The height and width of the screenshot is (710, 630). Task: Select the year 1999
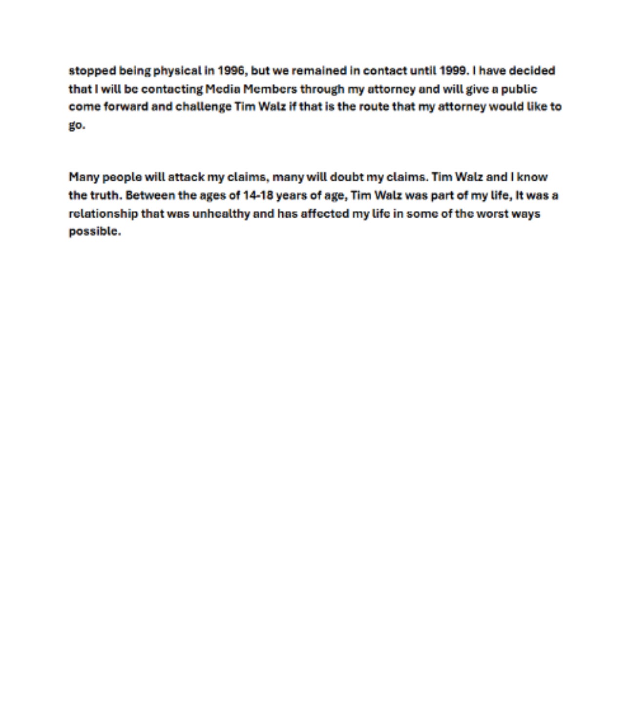click(454, 71)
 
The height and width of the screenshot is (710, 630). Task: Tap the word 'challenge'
click(203, 107)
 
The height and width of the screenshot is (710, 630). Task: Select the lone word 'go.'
click(77, 125)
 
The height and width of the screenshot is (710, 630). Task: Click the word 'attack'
click(186, 177)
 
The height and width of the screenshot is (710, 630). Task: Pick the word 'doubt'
click(347, 177)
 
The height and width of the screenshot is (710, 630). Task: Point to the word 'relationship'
click(103, 214)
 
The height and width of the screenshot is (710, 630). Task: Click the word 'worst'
click(492, 214)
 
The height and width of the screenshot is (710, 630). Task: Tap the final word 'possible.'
click(94, 231)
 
